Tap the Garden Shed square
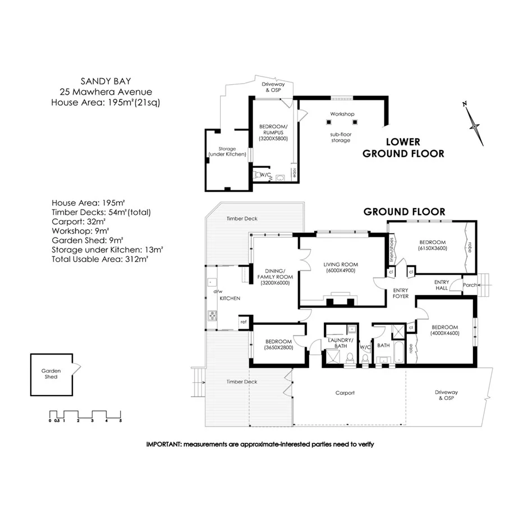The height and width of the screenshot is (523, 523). coord(51,374)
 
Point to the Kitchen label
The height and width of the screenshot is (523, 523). coord(230,298)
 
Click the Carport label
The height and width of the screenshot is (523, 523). coord(345,393)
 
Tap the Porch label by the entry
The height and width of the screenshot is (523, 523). coord(470,285)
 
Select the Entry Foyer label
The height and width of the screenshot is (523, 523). coord(401,293)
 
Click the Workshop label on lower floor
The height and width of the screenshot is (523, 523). coord(342,114)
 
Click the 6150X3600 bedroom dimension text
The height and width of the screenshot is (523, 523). coord(433,247)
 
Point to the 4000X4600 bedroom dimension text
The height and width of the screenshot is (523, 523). coord(445,333)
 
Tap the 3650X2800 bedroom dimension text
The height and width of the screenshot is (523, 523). coord(278,348)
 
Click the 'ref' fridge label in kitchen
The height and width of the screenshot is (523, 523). coord(243,322)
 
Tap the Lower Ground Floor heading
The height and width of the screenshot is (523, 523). coord(403,148)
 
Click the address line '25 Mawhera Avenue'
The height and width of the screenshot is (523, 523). coord(105,91)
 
